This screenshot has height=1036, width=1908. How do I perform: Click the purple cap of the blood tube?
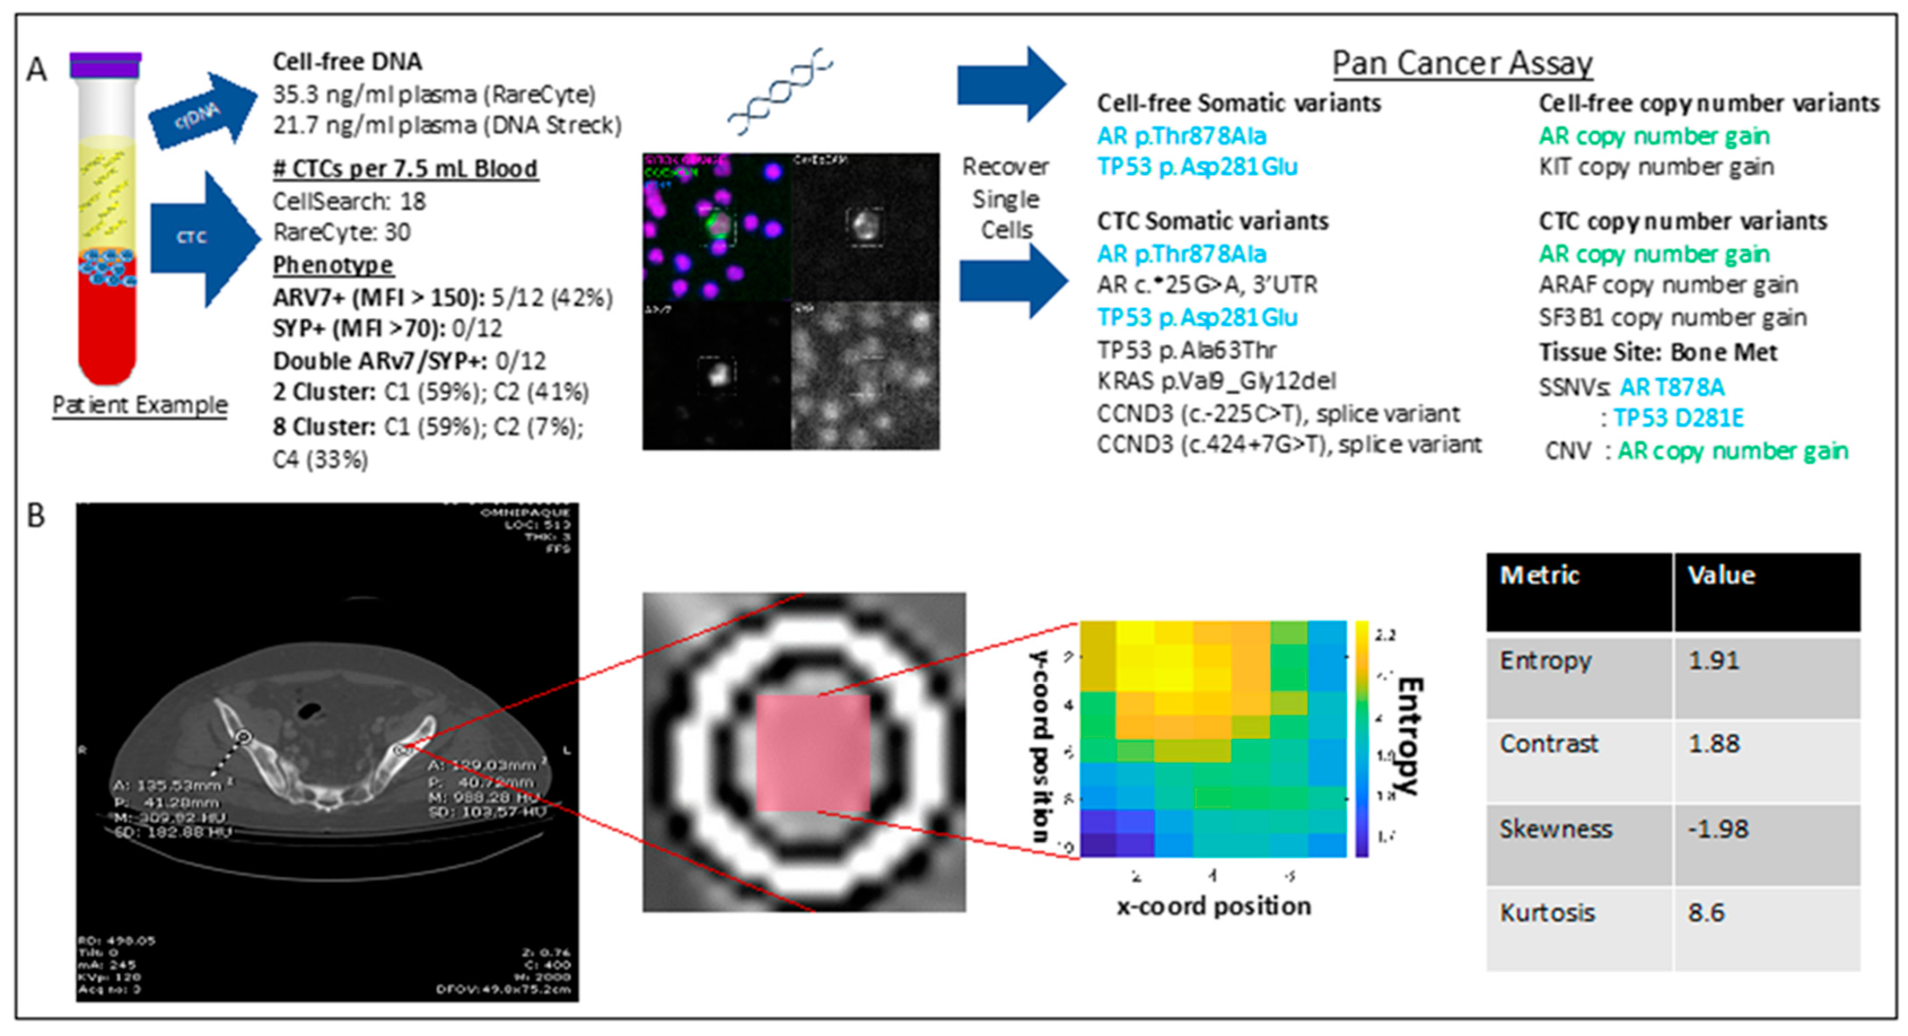click(x=105, y=65)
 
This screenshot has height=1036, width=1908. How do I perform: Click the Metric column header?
click(x=1539, y=576)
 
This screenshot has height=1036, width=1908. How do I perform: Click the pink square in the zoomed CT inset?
click(x=813, y=752)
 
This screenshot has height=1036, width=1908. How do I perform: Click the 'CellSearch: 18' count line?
click(x=349, y=202)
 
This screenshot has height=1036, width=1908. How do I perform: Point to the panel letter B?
click(x=35, y=516)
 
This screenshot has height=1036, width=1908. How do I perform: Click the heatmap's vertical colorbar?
click(x=1361, y=738)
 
